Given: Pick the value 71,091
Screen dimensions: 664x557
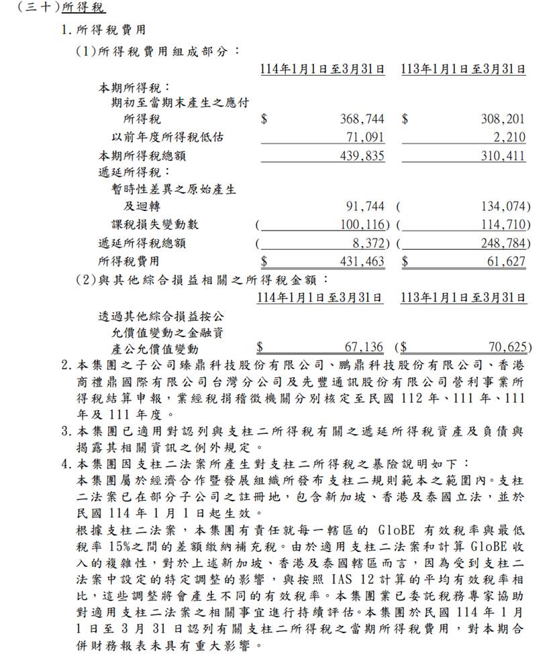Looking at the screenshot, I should pyautogui.click(x=365, y=137).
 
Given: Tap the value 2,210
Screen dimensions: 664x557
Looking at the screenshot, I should pyautogui.click(x=511, y=137).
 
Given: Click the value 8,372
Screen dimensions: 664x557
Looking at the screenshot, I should pyautogui.click(x=368, y=243).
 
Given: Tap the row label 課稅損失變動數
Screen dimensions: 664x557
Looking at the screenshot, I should pyautogui.click(x=155, y=224).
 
